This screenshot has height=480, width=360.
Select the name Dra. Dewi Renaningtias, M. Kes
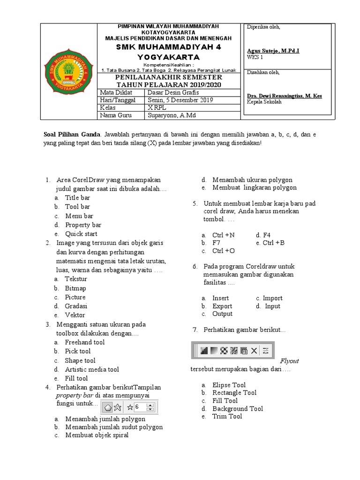pos(284,96)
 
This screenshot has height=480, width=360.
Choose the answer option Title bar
pos(77,198)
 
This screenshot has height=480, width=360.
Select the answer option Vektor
pos(75,315)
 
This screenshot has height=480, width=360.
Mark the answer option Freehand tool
pos(84,342)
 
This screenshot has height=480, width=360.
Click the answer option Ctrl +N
pos(224,235)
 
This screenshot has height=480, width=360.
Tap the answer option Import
pos(272,298)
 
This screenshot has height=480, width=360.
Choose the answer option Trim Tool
pos(227,416)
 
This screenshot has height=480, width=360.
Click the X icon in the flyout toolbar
pos(254,350)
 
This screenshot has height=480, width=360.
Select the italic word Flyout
pos(289,361)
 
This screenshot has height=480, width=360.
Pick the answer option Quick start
pos(81,233)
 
